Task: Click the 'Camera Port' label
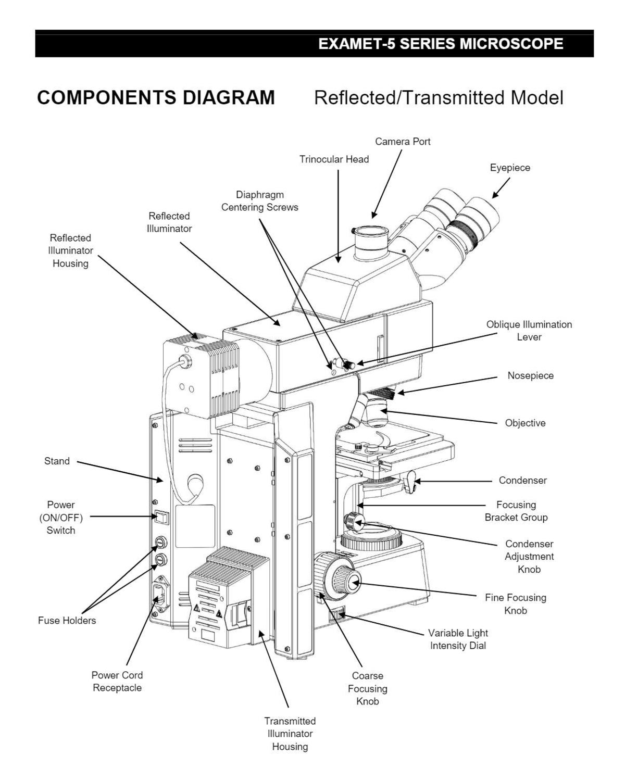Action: pyautogui.click(x=403, y=142)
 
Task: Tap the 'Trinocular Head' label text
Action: pyautogui.click(x=334, y=159)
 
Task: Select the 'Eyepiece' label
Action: pyautogui.click(x=510, y=168)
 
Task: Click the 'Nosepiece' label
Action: pyautogui.click(x=530, y=375)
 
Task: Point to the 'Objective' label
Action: pyautogui.click(x=525, y=423)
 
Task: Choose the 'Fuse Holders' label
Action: pyautogui.click(x=67, y=620)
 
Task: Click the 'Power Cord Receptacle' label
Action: pyautogui.click(x=117, y=681)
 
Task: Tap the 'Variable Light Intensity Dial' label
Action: pyautogui.click(x=458, y=639)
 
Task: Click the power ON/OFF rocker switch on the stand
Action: pyautogui.click(x=161, y=517)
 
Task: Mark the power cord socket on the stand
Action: pyautogui.click(x=160, y=595)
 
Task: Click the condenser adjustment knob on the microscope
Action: pyautogui.click(x=354, y=520)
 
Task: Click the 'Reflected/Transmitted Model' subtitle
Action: pyautogui.click(x=439, y=97)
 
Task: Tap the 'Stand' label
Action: pyautogui.click(x=57, y=461)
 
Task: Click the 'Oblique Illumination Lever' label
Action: pyautogui.click(x=529, y=331)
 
